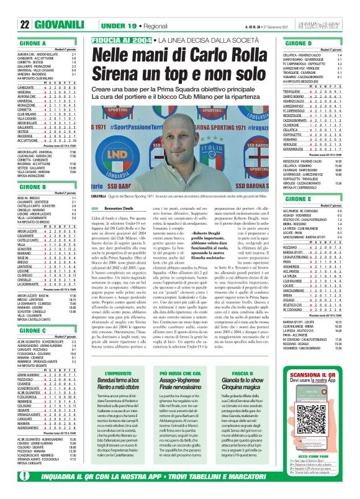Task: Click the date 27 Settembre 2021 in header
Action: pyautogui.click(x=273, y=25)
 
